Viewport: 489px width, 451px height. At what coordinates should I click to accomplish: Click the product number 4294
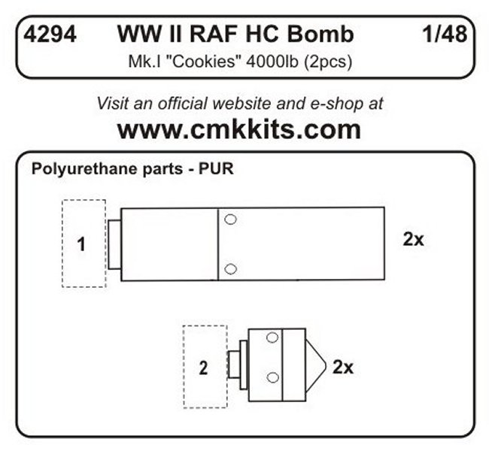click(x=50, y=34)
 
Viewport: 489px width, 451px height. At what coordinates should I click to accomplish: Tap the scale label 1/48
click(x=445, y=34)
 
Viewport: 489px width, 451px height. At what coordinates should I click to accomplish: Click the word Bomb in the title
click(x=320, y=34)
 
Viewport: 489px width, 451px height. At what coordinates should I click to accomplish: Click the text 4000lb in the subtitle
click(x=272, y=62)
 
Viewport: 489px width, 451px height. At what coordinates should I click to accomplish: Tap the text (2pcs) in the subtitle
click(x=327, y=62)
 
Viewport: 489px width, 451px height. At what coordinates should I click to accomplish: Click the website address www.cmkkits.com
click(x=239, y=129)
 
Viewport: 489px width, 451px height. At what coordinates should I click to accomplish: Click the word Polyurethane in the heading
click(x=84, y=169)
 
